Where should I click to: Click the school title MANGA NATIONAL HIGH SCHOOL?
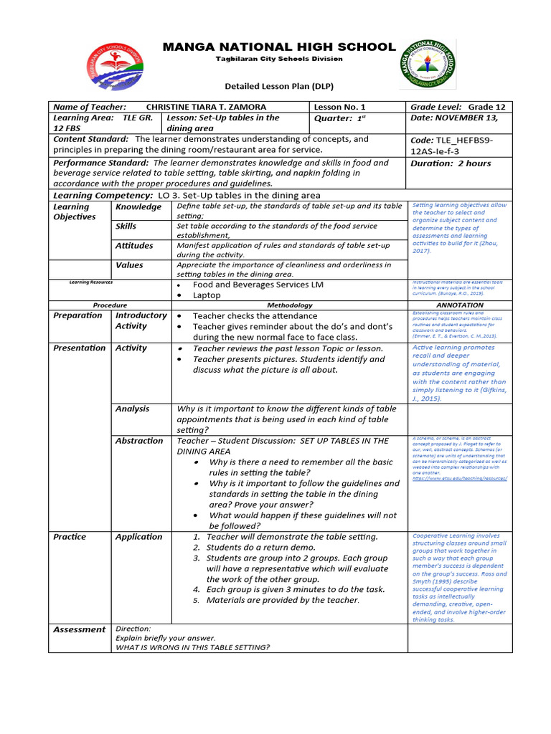[279, 47]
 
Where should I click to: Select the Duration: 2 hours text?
[451, 163]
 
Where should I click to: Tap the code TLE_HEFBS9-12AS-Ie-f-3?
[451, 146]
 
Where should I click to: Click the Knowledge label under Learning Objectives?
[138, 207]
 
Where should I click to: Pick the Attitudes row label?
[134, 246]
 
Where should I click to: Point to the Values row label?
[129, 265]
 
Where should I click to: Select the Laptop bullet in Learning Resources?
[207, 295]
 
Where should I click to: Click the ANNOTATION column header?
[459, 305]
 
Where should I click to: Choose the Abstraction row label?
[139, 441]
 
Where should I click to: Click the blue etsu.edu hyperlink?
[460, 477]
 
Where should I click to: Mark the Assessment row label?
[79, 629]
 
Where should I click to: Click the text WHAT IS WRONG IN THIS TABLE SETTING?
[192, 647]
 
